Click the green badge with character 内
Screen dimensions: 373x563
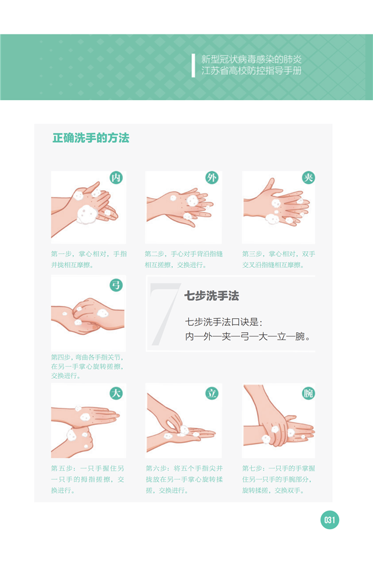(x=116, y=178)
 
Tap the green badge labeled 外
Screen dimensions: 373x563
(x=212, y=178)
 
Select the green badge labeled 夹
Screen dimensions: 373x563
(x=308, y=178)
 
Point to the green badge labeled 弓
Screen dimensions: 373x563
(x=116, y=286)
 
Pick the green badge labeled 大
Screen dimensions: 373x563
(x=116, y=393)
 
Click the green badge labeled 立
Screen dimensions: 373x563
(x=212, y=393)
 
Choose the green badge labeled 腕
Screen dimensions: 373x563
(x=308, y=393)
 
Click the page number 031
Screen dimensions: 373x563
(x=329, y=520)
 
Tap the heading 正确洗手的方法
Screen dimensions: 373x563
(x=91, y=138)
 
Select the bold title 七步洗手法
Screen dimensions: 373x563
(x=212, y=296)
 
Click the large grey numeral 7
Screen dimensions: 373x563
(x=164, y=314)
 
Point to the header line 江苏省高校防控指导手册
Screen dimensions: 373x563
(x=251, y=71)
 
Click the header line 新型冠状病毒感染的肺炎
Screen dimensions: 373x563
(x=251, y=59)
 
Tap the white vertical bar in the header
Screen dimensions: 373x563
(x=193, y=65)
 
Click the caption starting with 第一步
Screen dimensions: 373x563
(x=89, y=259)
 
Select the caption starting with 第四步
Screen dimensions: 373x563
(x=87, y=366)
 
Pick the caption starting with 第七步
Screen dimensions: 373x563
(x=279, y=479)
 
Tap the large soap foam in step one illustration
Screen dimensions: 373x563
(x=87, y=214)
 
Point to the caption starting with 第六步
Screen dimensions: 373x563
(x=184, y=479)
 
